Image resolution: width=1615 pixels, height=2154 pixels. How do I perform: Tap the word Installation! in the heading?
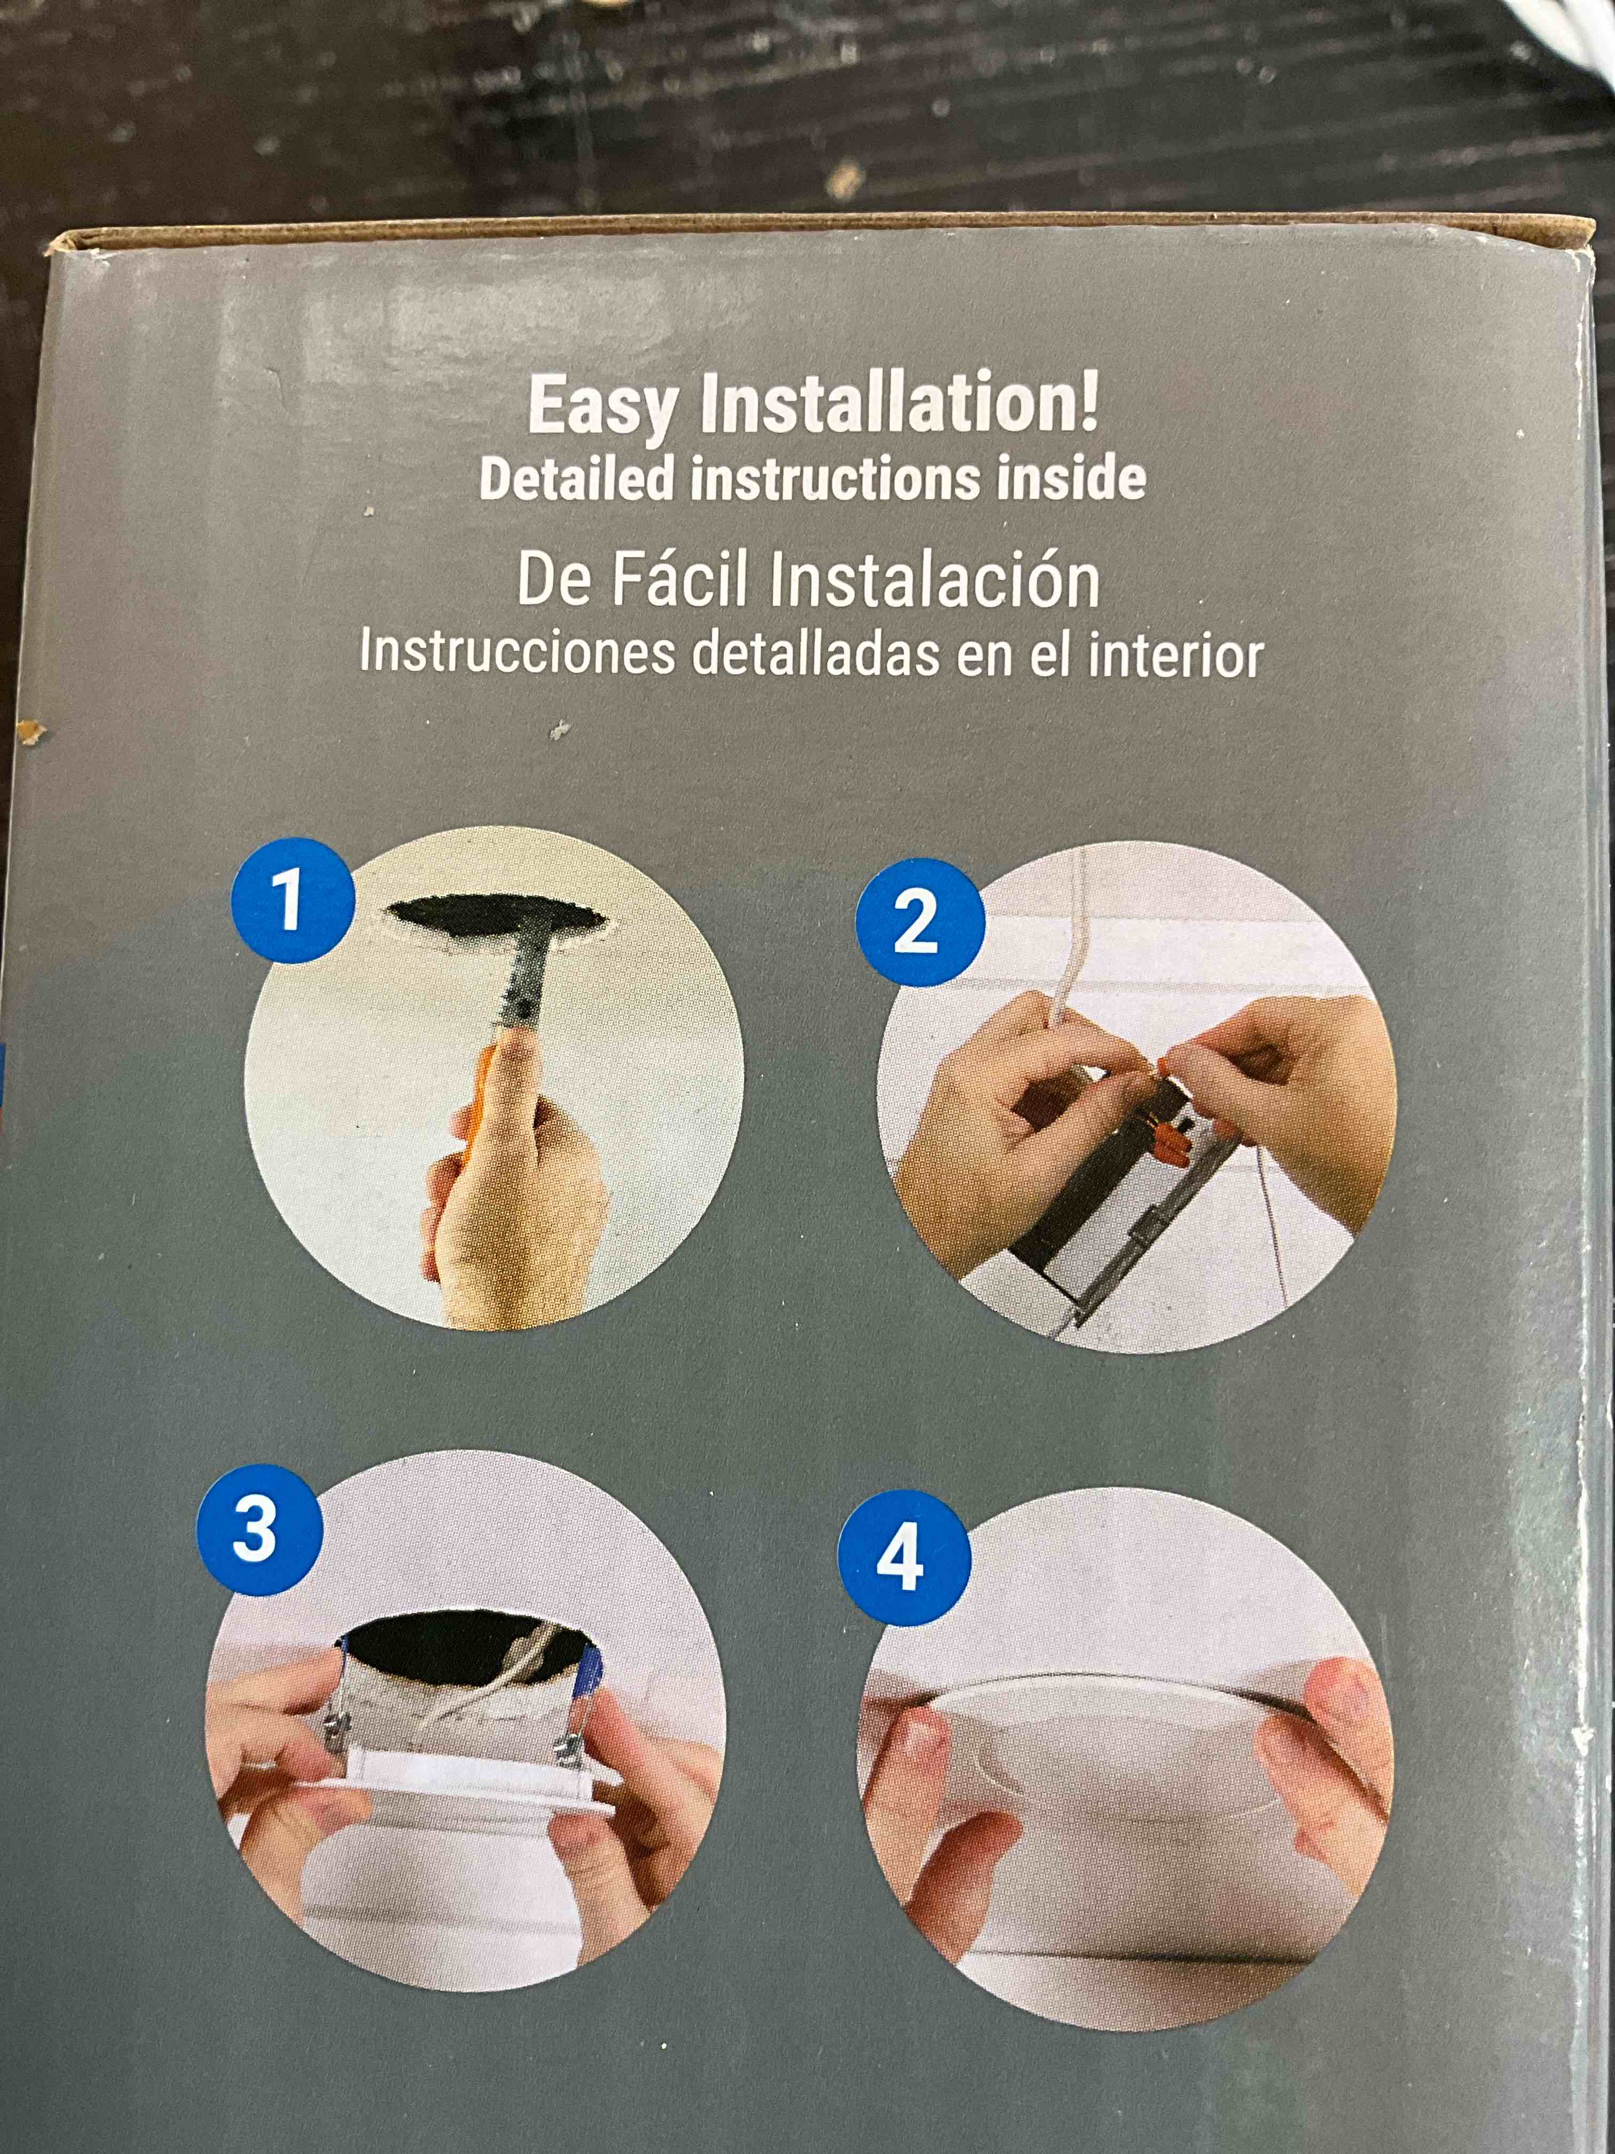[898, 402]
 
